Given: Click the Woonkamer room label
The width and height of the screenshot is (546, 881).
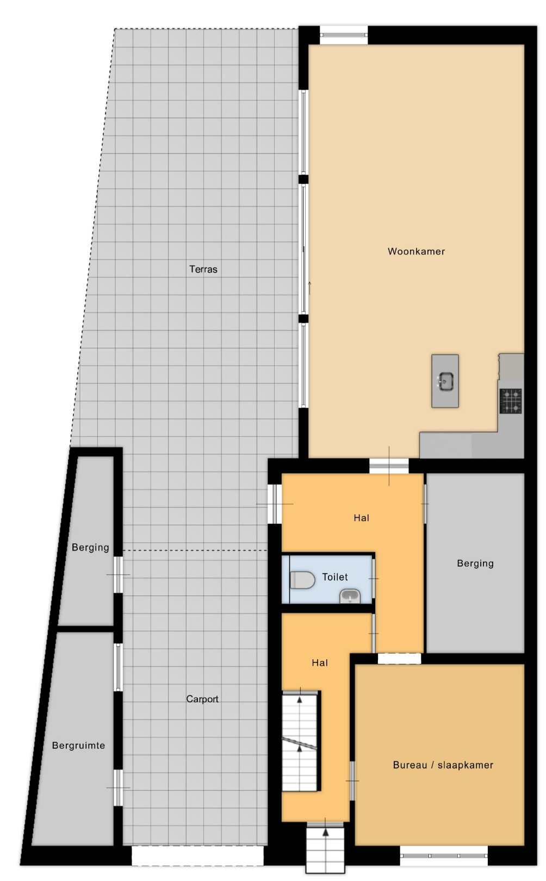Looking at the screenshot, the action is [x=416, y=251].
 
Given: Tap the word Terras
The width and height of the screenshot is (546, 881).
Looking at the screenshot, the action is [x=203, y=269].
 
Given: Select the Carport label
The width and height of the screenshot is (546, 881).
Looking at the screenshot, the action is [x=202, y=699].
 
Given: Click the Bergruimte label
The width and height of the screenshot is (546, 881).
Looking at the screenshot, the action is [x=79, y=745].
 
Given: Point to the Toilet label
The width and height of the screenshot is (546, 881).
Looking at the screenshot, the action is [x=335, y=577].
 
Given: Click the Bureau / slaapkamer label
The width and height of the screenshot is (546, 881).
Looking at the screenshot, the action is [x=443, y=765].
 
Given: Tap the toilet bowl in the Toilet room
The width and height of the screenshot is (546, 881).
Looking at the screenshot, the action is [x=302, y=580].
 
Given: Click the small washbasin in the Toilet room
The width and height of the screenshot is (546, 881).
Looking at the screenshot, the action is [x=350, y=596].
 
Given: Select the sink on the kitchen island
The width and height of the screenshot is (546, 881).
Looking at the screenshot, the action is [x=445, y=381].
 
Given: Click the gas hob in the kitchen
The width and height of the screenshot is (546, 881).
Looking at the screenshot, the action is [x=511, y=401].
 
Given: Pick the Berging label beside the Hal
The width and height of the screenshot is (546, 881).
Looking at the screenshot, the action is [x=475, y=563].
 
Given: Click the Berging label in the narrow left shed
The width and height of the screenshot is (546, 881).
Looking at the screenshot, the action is [x=90, y=547].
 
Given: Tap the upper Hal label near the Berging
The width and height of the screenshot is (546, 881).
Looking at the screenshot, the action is [x=361, y=518].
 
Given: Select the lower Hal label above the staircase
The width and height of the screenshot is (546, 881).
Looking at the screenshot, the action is [x=319, y=663].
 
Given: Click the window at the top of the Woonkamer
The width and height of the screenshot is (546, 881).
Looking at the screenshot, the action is [x=343, y=35].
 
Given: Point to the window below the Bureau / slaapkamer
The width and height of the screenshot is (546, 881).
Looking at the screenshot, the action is [x=444, y=856].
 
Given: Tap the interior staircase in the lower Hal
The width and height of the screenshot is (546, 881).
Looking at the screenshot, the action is [x=300, y=741].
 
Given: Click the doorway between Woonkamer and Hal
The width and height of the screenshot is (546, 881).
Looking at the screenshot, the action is [x=389, y=466].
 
